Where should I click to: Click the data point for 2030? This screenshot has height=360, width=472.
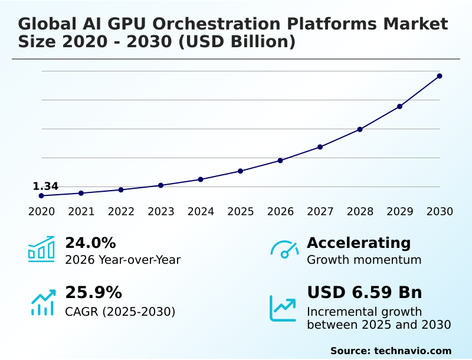click(440, 76)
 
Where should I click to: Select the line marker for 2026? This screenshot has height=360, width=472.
click(280, 161)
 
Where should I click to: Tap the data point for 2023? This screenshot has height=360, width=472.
click(160, 185)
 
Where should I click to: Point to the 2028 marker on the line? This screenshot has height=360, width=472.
click(360, 129)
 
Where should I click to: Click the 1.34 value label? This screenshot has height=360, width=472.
click(45, 186)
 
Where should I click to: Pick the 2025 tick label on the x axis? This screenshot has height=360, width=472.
click(241, 211)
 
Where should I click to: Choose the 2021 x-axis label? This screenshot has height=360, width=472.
click(81, 211)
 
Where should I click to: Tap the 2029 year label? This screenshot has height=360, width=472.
click(400, 211)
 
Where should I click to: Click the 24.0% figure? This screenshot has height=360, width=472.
click(90, 243)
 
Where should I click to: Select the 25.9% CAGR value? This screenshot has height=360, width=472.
click(93, 293)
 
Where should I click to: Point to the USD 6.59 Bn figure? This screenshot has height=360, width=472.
click(365, 293)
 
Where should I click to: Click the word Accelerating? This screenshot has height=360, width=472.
click(359, 243)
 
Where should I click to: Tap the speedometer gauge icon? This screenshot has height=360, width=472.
click(284, 250)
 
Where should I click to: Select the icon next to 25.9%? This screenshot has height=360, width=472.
click(42, 302)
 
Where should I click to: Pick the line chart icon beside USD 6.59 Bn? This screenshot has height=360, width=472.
click(283, 308)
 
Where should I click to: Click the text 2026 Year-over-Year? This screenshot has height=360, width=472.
click(123, 260)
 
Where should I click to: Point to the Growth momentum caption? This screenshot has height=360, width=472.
click(364, 260)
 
